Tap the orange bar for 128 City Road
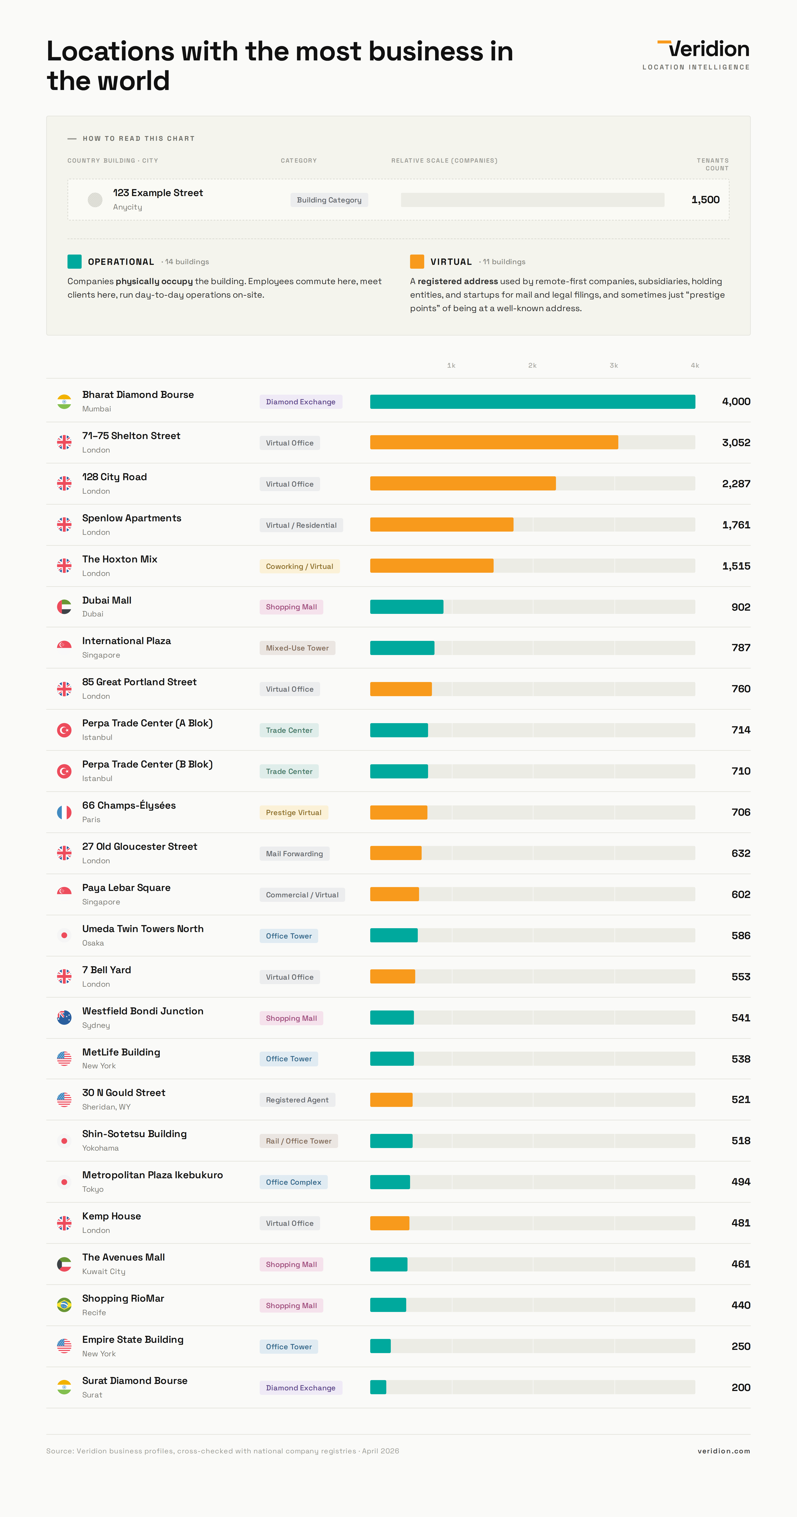(462, 483)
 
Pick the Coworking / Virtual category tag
(299, 567)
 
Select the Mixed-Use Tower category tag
(297, 648)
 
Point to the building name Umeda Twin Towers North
(142, 929)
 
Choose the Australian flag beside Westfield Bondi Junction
(64, 1018)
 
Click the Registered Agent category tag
(297, 1100)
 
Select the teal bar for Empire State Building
(380, 1346)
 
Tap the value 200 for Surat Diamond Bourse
(740, 1387)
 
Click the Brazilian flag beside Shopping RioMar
(64, 1305)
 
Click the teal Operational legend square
(74, 261)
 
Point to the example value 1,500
(705, 200)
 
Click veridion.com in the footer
(723, 1451)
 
